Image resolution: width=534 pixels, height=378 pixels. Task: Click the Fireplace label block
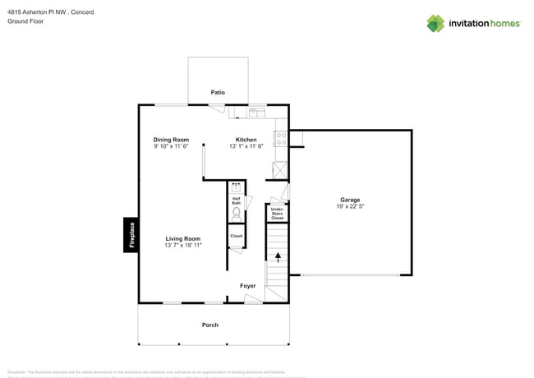pyautogui.click(x=130, y=235)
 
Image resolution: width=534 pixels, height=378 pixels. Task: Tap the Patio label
pyautogui.click(x=218, y=93)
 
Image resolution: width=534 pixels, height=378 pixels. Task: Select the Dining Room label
pyautogui.click(x=171, y=140)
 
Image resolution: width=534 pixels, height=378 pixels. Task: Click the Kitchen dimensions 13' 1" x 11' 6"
pyautogui.click(x=246, y=147)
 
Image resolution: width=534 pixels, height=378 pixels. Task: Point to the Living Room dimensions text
pyautogui.click(x=182, y=246)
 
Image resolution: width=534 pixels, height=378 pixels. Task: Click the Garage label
pyautogui.click(x=350, y=200)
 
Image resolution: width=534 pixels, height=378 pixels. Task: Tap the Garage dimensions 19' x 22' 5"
pyautogui.click(x=350, y=207)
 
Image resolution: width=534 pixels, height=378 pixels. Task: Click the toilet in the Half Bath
pyautogui.click(x=237, y=213)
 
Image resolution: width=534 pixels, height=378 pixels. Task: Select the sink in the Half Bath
pyautogui.click(x=237, y=187)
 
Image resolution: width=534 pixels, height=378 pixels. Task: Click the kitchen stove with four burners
pyautogui.click(x=280, y=139)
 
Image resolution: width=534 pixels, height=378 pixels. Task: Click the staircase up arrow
pyautogui.click(x=277, y=256)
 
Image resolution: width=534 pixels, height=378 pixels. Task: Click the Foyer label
pyautogui.click(x=247, y=286)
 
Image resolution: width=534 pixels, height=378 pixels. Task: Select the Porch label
pyautogui.click(x=210, y=325)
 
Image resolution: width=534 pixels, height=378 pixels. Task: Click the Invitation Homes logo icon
pyautogui.click(x=435, y=23)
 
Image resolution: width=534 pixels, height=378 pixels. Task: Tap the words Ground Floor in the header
pyautogui.click(x=25, y=21)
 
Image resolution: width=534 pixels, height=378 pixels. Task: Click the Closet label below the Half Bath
pyautogui.click(x=237, y=236)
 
